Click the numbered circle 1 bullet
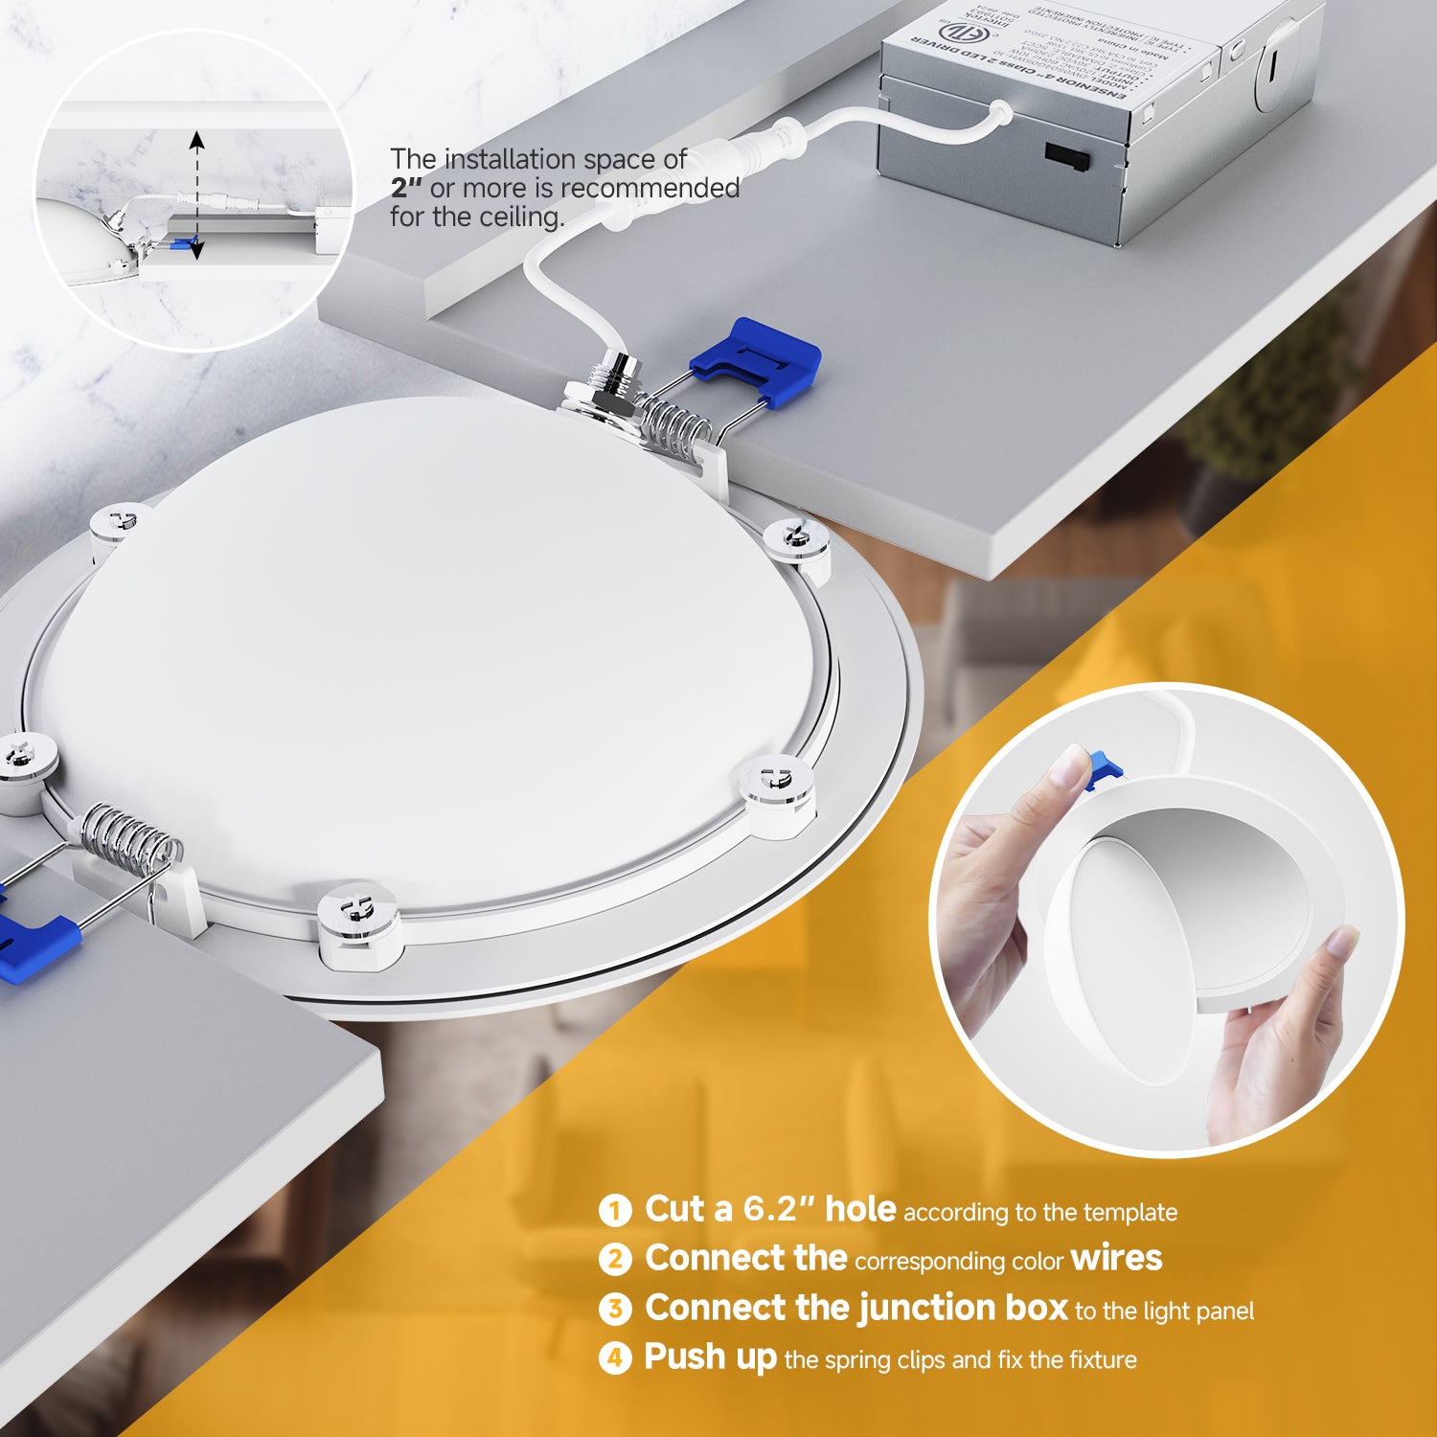(x=615, y=1211)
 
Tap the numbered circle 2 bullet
(x=615, y=1260)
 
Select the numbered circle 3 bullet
(x=615, y=1310)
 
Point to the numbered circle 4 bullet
(x=615, y=1358)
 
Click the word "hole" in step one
(x=860, y=1209)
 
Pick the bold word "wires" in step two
(x=1116, y=1258)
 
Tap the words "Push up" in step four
(x=710, y=1357)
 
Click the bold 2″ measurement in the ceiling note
(x=406, y=189)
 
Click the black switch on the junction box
(x=1066, y=156)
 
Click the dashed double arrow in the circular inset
(x=196, y=196)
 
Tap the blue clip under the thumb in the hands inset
(x=1104, y=770)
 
